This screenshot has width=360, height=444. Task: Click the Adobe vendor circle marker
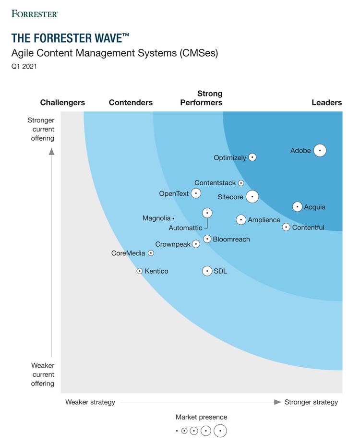[320, 150]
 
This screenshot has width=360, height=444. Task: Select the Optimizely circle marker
[252, 157]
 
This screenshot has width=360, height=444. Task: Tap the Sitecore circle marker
[252, 197]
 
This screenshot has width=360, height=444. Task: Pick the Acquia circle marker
[297, 207]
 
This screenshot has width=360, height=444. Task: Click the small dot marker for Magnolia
[173, 218]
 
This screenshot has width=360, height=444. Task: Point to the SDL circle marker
[207, 271]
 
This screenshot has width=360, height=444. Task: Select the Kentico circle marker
[140, 271]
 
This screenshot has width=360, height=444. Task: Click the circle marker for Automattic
[207, 213]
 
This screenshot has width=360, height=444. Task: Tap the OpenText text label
[173, 193]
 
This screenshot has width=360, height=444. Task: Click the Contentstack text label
[215, 183]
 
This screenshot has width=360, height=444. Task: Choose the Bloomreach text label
[231, 239]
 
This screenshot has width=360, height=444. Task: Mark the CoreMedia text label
[128, 253]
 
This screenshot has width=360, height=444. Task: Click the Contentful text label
[308, 228]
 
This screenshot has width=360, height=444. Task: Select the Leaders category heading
[326, 102]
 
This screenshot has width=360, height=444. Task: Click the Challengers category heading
[62, 102]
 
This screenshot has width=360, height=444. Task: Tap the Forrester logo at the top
[35, 13]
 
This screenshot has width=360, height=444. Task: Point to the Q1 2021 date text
[24, 67]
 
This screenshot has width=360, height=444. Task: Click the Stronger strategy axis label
[311, 402]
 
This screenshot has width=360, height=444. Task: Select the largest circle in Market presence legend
[220, 431]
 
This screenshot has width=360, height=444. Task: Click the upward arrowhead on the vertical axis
[51, 152]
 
